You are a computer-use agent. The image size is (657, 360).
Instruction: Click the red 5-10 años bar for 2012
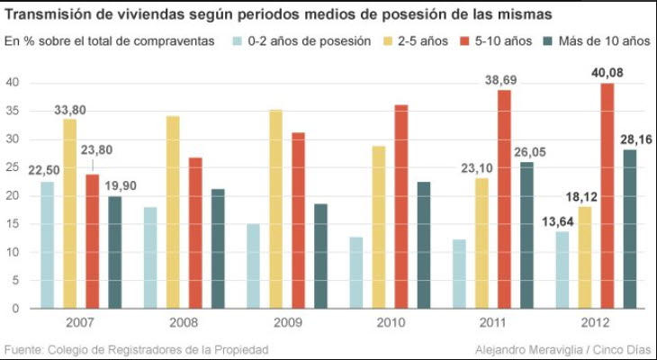(x=607, y=195)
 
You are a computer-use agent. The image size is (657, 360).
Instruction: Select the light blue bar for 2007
(x=47, y=245)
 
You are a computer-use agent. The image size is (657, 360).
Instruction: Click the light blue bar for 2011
(x=459, y=274)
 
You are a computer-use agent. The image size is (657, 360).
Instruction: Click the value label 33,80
(x=69, y=110)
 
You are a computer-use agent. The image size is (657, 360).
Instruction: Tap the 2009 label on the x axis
(x=288, y=323)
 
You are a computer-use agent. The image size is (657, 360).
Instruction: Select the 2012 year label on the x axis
(x=596, y=323)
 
